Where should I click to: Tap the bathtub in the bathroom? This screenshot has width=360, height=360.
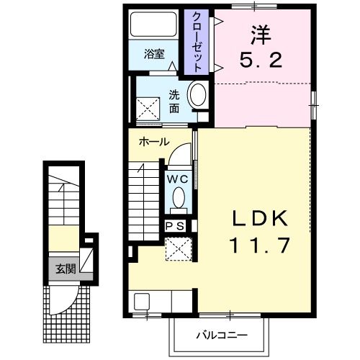(x=153, y=27)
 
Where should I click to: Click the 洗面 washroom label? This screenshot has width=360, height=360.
(x=174, y=101)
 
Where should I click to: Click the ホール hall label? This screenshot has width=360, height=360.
(x=154, y=142)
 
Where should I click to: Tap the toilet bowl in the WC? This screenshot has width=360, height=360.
(x=179, y=197)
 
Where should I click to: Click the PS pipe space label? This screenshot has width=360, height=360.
(x=176, y=225)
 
